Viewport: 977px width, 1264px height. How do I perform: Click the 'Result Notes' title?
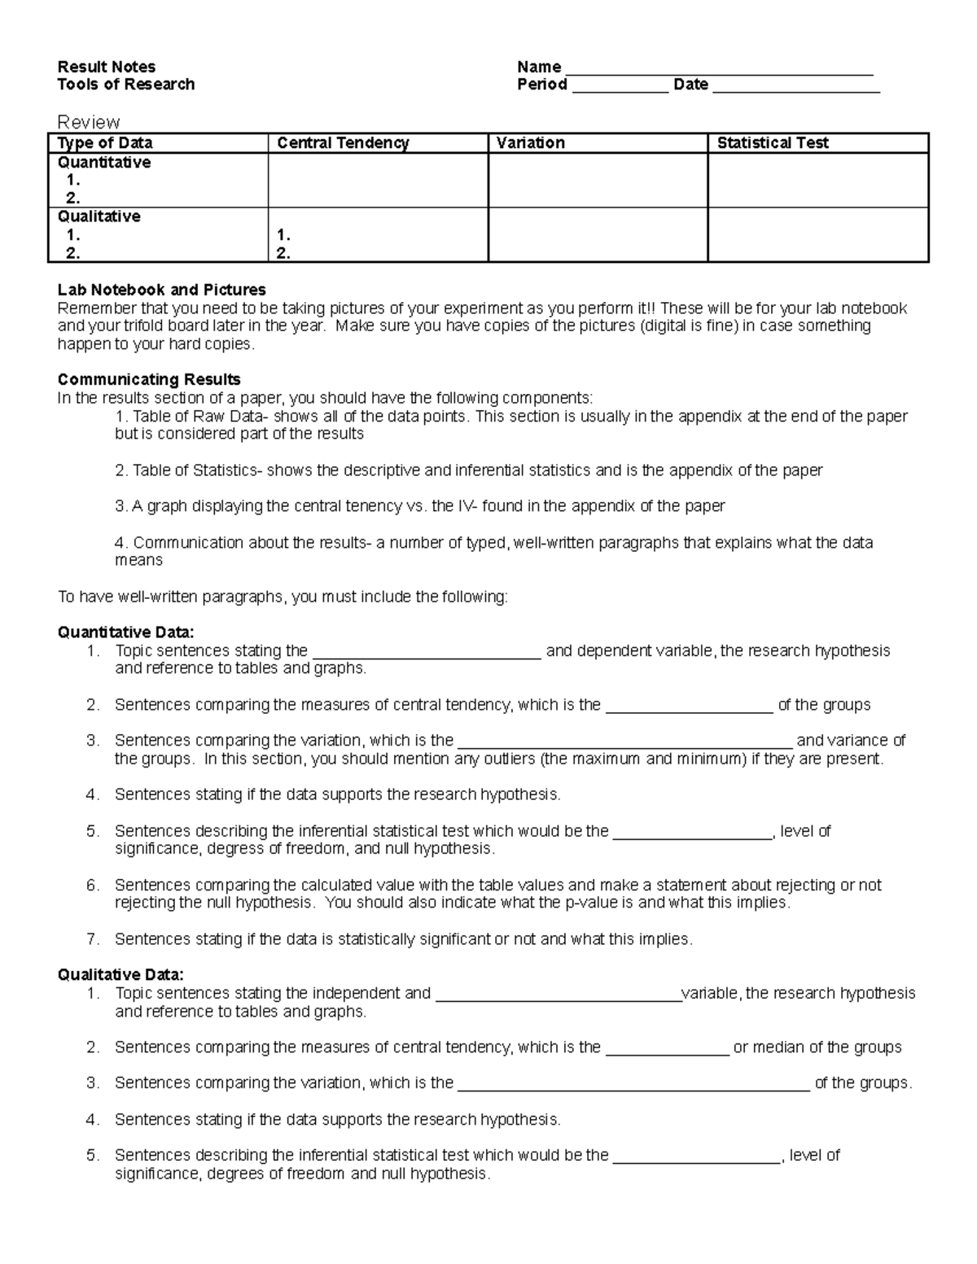(106, 67)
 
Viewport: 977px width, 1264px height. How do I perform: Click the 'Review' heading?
(88, 122)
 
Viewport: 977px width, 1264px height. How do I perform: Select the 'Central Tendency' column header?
(343, 143)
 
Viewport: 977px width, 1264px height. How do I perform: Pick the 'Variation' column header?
(531, 143)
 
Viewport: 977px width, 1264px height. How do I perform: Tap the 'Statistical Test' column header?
(772, 143)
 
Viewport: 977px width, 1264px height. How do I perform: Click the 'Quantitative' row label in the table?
(103, 163)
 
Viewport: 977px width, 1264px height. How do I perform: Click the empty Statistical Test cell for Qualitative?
(817, 234)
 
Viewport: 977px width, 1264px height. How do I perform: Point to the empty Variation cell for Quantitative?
(598, 180)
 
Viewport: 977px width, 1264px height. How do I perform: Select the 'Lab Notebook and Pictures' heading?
(161, 290)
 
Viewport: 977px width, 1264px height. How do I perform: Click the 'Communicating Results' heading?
(149, 379)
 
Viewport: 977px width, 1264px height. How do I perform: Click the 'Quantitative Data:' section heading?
(126, 632)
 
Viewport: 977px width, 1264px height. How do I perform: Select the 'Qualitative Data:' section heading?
(120, 974)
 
